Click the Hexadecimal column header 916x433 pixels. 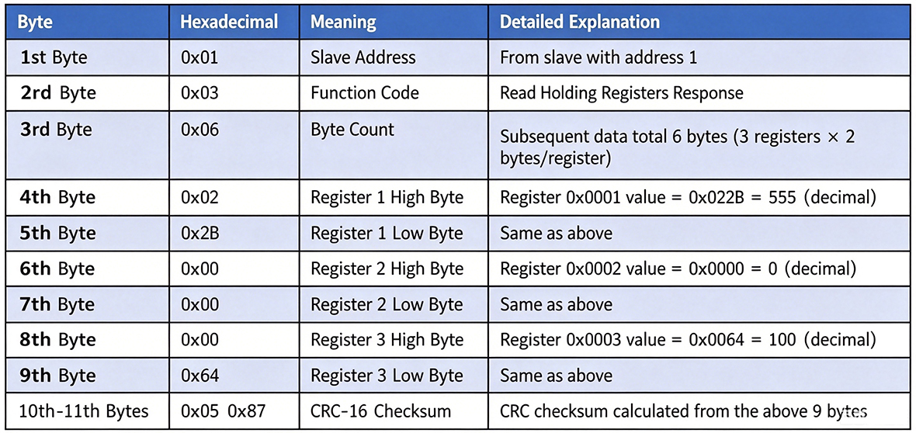pyautogui.click(x=229, y=23)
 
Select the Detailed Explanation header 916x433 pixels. pyautogui.click(x=580, y=23)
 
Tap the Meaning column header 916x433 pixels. pyautogui.click(x=343, y=23)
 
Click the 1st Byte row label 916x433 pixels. pyautogui.click(x=54, y=58)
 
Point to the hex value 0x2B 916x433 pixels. pyautogui.click(x=200, y=233)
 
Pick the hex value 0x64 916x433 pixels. pyautogui.click(x=200, y=376)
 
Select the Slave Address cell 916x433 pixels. pyautogui.click(x=363, y=58)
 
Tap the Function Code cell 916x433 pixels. pyautogui.click(x=365, y=93)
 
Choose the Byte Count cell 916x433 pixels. pyautogui.click(x=352, y=129)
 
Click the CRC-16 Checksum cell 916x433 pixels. pyautogui.click(x=380, y=411)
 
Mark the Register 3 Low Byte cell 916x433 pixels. pyautogui.click(x=386, y=376)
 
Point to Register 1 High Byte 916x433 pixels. pyautogui.click(x=387, y=198)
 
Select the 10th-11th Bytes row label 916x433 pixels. pyautogui.click(x=84, y=411)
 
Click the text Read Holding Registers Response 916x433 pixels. pyautogui.click(x=622, y=93)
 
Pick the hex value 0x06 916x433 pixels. pyautogui.click(x=200, y=129)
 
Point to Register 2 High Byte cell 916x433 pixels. pyautogui.click(x=387, y=268)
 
